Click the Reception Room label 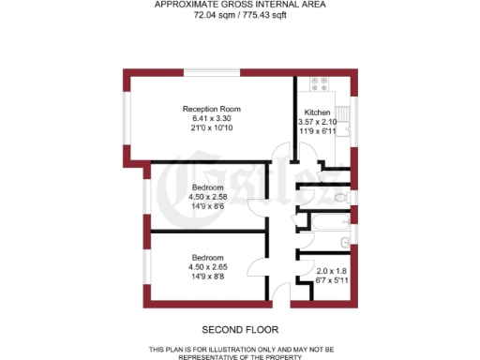(211, 110)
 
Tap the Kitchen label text (316, 112)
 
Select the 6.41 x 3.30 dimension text (211, 119)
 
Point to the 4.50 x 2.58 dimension (207, 197)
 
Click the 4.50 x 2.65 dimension (207, 267)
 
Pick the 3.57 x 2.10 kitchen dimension (317, 122)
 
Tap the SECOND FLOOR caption (239, 329)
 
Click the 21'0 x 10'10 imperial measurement (211, 128)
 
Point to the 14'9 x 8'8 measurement (207, 277)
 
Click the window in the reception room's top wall (211, 72)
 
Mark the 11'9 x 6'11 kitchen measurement (317, 131)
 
